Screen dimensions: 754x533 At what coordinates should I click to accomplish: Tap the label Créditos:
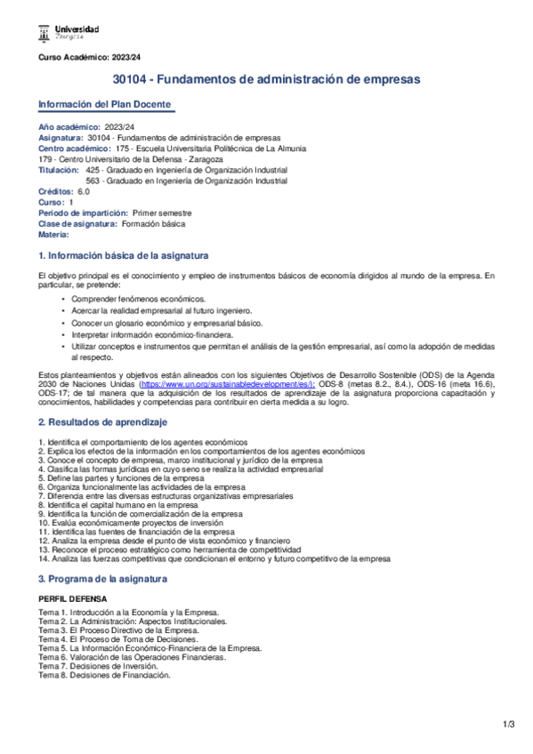tap(56, 191)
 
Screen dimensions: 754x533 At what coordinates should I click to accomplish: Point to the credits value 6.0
tap(84, 191)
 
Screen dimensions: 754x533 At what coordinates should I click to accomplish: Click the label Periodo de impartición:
tap(83, 213)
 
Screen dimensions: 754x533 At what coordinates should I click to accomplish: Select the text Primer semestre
tap(162, 213)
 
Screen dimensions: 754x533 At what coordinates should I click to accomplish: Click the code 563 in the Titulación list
tap(92, 180)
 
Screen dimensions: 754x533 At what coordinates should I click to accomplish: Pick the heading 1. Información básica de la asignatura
tap(123, 255)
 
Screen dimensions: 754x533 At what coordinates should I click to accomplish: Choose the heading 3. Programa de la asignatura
tap(102, 579)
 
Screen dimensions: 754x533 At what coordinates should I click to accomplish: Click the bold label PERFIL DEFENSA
tap(72, 599)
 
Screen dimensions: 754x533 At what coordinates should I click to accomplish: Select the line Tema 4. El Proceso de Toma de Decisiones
tap(121, 639)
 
